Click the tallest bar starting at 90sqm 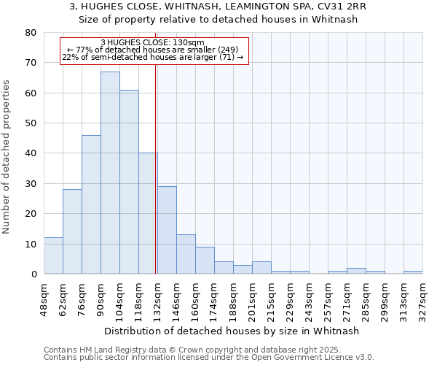110,172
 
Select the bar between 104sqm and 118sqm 129,182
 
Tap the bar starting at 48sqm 53,255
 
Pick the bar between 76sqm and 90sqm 91,204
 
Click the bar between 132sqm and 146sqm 167,230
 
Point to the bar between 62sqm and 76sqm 72,231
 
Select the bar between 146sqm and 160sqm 186,254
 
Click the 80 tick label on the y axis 31,33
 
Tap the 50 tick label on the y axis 31,123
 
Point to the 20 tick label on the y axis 31,214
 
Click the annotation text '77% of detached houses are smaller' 153,50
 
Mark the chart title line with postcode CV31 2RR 218,7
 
